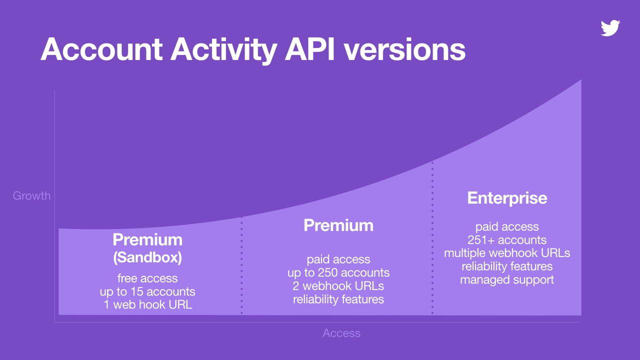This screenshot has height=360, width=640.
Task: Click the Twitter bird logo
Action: tap(610, 28)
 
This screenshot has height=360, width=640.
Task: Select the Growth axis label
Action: tap(31, 195)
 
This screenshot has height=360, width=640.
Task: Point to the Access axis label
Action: tap(341, 333)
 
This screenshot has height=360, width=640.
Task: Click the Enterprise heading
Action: tap(507, 198)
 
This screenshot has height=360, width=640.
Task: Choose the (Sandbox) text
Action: tap(147, 258)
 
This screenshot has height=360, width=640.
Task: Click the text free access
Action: tap(147, 278)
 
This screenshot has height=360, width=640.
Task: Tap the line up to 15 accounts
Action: tap(147, 291)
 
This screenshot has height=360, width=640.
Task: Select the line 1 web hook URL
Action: tap(147, 304)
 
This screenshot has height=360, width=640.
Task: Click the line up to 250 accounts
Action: tap(338, 273)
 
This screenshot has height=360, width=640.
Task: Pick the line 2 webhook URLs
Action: tap(338, 286)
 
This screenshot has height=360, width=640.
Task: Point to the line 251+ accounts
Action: tap(507, 240)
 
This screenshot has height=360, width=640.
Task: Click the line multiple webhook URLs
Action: tap(507, 253)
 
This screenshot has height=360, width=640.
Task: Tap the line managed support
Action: tap(507, 279)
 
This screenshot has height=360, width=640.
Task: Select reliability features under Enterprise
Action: tap(507, 266)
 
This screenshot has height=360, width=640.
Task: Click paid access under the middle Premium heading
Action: tap(338, 259)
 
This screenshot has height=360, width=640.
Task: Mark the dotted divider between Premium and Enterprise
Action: tap(432, 240)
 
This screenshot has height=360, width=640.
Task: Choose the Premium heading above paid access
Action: tap(338, 225)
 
